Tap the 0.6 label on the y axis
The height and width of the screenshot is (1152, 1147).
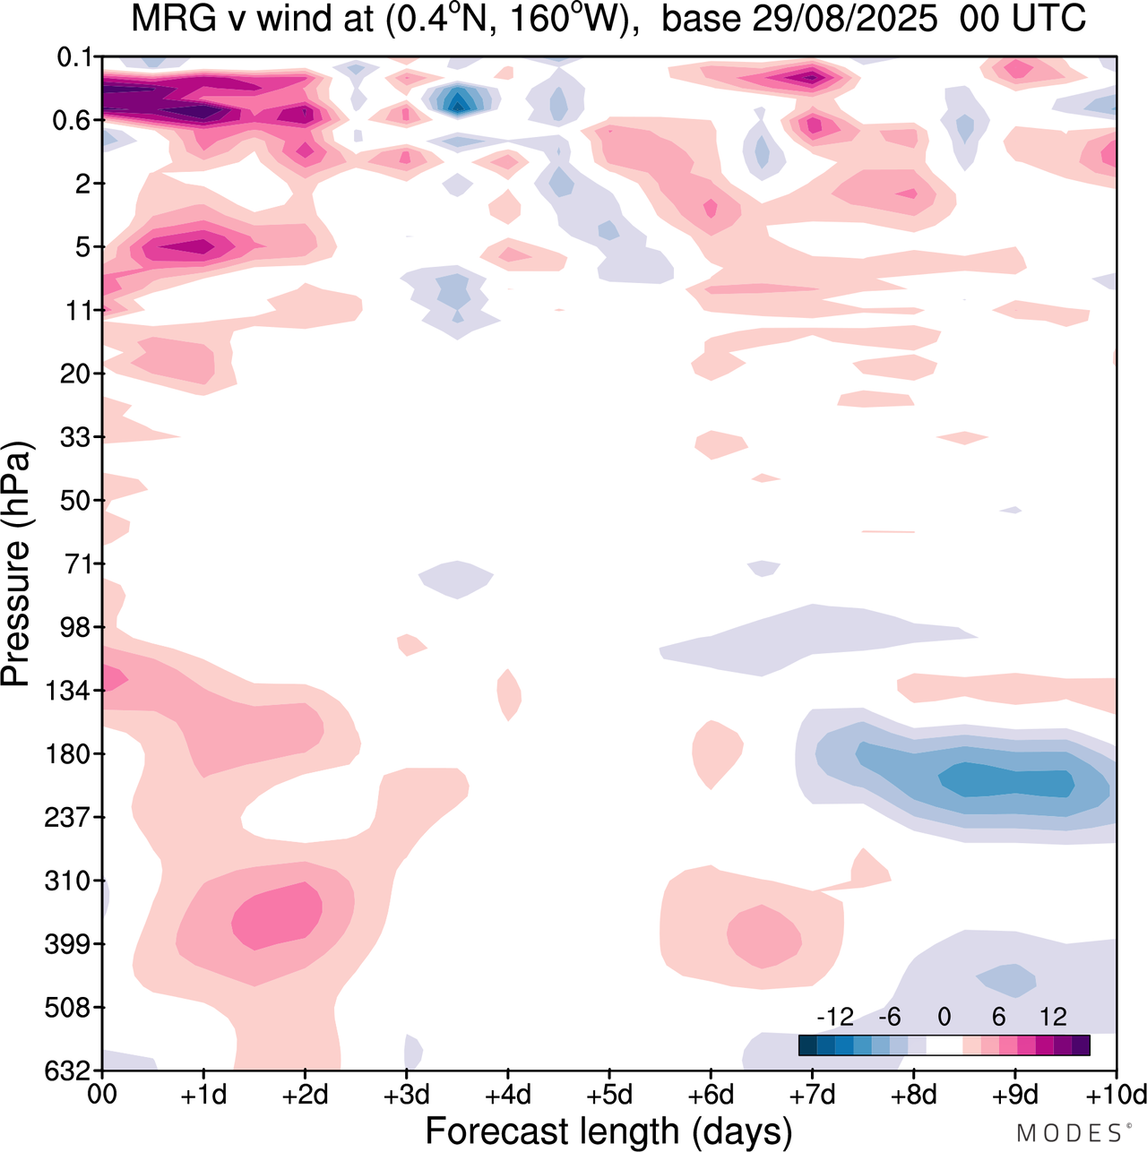pyautogui.click(x=72, y=120)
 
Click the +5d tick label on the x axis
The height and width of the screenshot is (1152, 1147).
pyautogui.click(x=609, y=1095)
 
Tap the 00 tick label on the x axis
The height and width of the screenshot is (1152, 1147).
pyautogui.click(x=102, y=1095)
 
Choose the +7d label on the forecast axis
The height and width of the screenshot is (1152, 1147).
pyautogui.click(x=813, y=1095)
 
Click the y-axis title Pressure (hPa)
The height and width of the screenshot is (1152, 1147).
pyautogui.click(x=16, y=564)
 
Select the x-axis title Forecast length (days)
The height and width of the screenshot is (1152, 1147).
pyautogui.click(x=608, y=1131)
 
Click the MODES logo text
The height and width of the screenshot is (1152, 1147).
pyautogui.click(x=1069, y=1133)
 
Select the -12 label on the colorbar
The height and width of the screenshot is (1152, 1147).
pyautogui.click(x=835, y=1017)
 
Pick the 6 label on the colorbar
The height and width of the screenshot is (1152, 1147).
pyautogui.click(x=998, y=1017)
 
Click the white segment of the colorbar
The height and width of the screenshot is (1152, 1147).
pyautogui.click(x=944, y=1045)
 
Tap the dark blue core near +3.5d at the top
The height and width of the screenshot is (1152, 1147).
pyautogui.click(x=458, y=101)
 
